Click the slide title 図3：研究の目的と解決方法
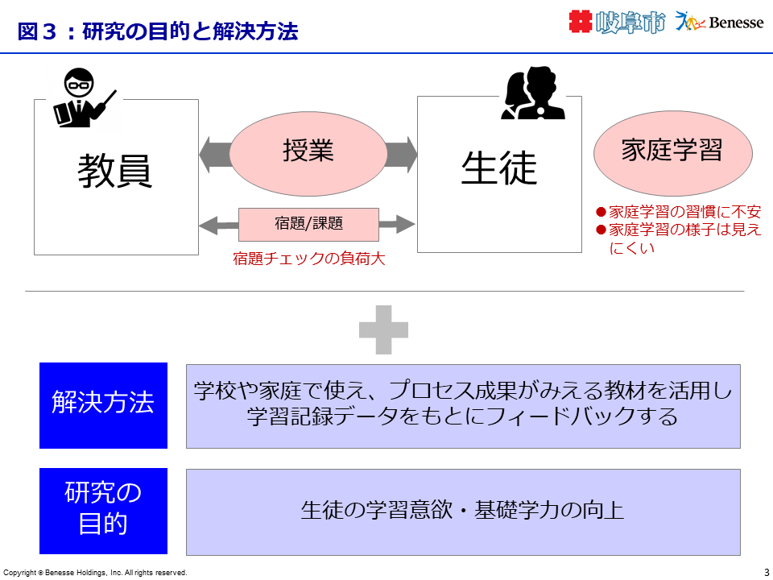point(158,31)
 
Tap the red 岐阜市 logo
point(617,23)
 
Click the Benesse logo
point(720,23)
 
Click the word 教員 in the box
point(115,171)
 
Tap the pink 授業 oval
point(308,152)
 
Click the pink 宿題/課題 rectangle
point(296,224)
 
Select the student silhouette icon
point(533,95)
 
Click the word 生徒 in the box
point(498,168)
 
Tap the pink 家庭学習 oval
point(672,151)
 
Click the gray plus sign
point(383,329)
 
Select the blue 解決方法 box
point(103,405)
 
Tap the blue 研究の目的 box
point(103,511)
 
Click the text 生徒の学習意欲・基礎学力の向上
point(462,511)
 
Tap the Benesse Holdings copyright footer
point(95,573)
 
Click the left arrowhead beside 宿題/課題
point(207,225)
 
